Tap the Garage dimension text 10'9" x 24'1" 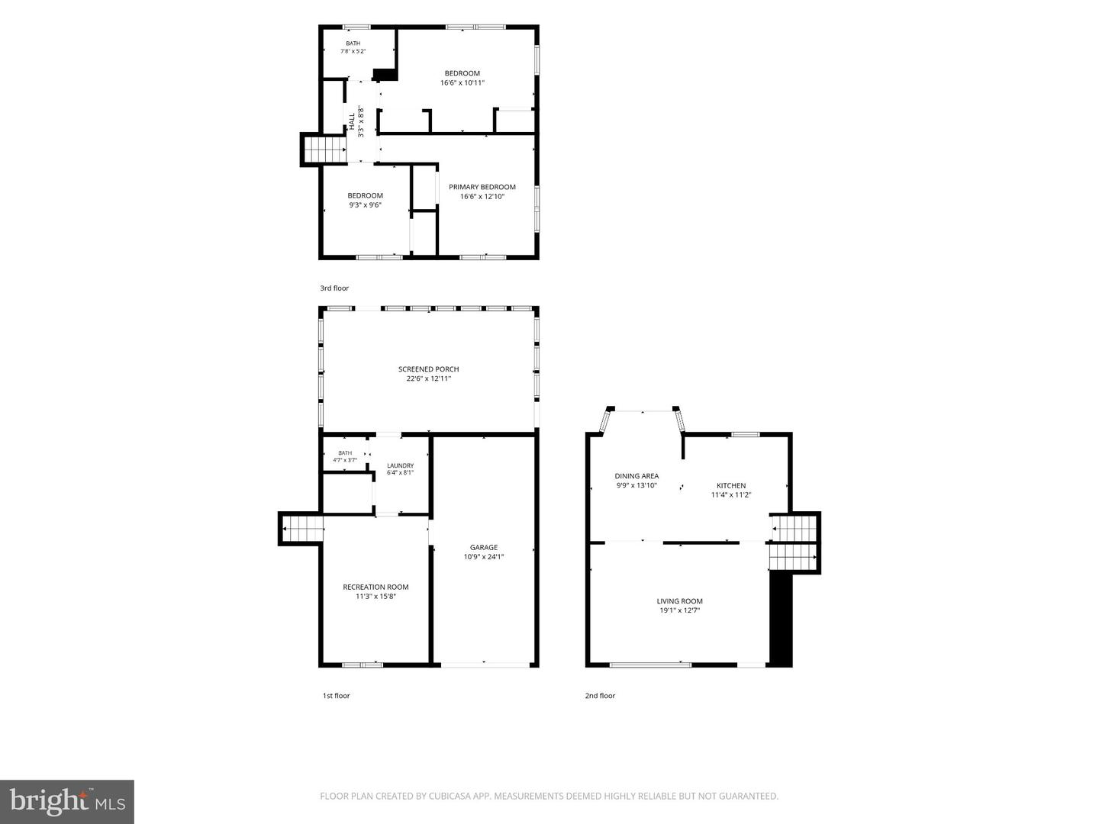(484, 557)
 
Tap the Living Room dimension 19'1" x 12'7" (679, 610)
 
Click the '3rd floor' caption (334, 288)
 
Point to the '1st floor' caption (336, 695)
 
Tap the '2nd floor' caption (600, 695)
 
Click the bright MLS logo (67, 801)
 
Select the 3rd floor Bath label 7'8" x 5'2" (353, 47)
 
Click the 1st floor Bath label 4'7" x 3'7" (345, 456)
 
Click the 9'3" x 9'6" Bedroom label (366, 200)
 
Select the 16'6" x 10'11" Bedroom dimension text (462, 83)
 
